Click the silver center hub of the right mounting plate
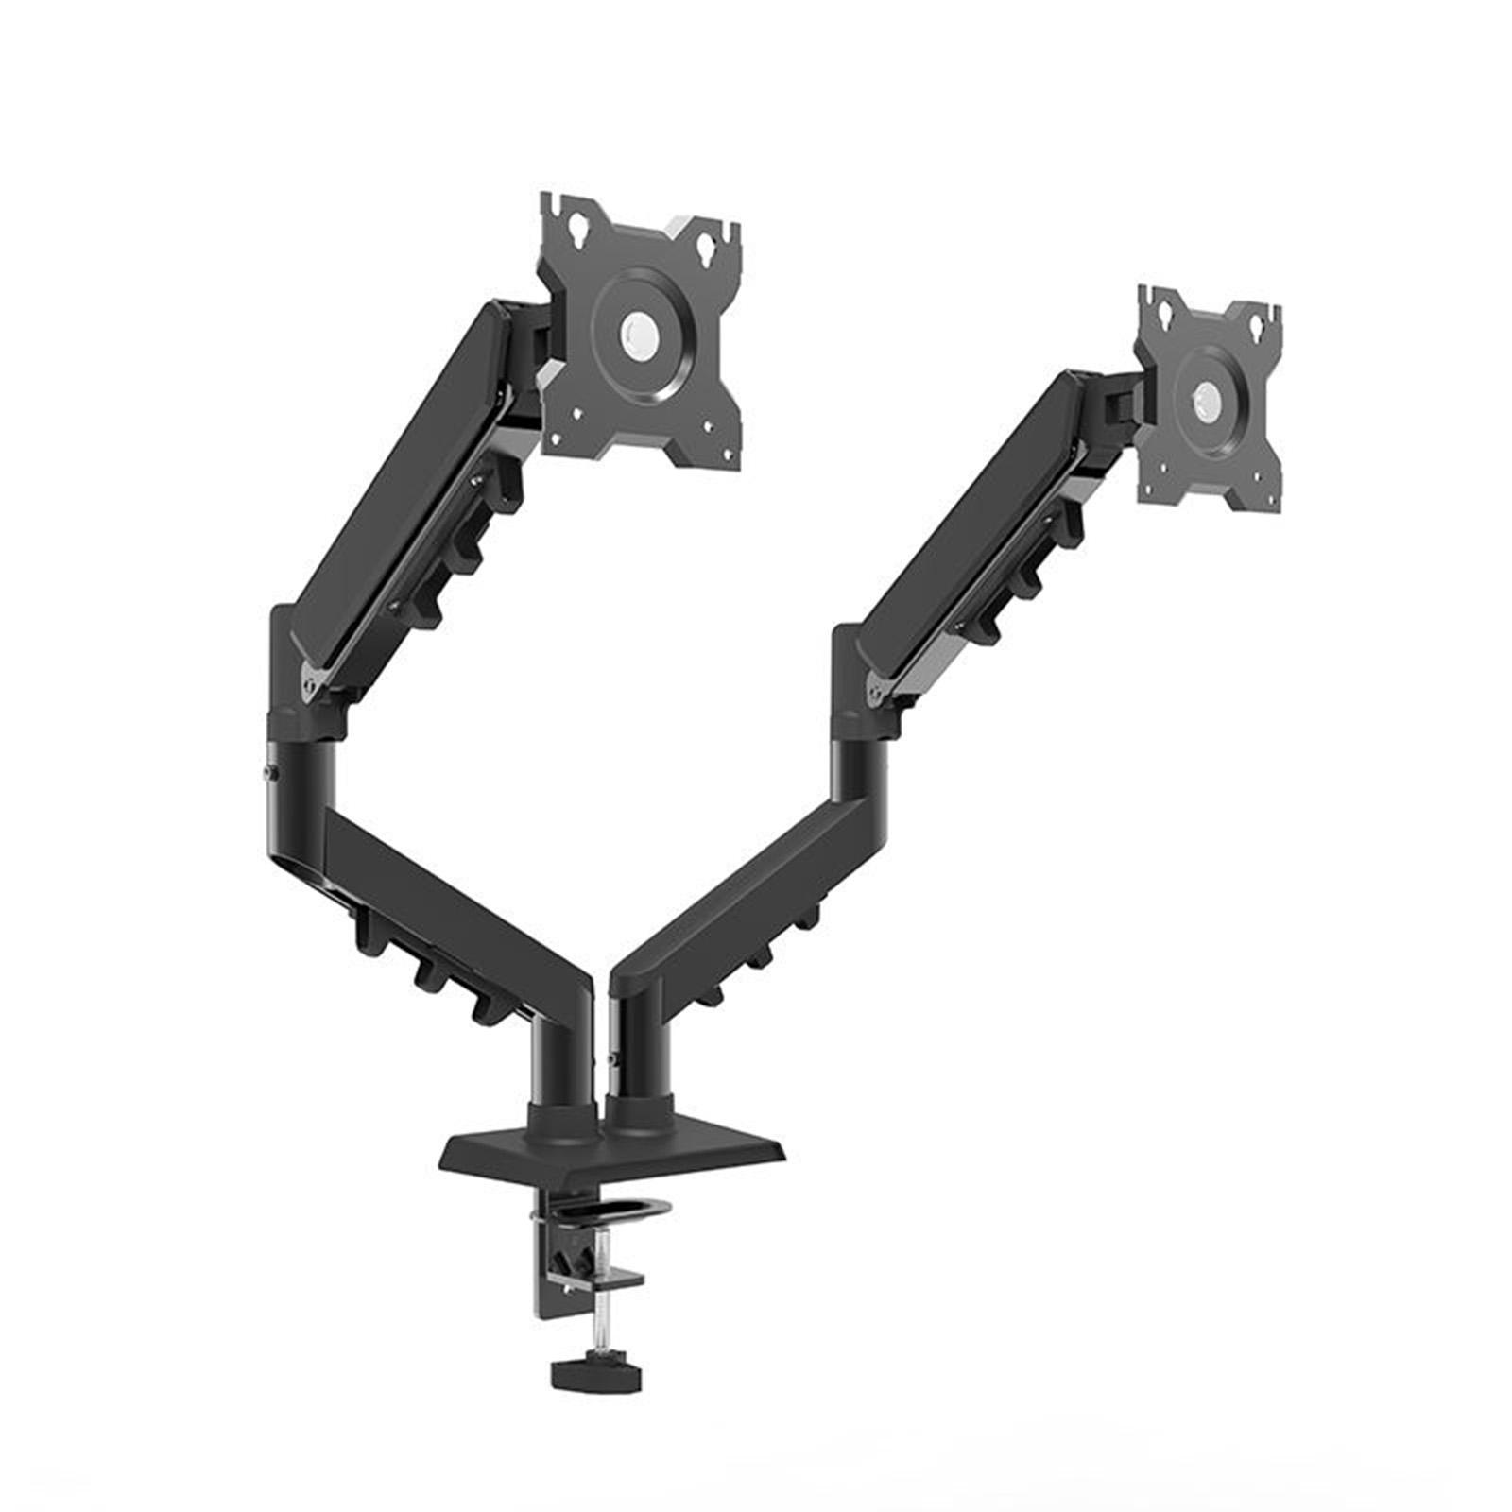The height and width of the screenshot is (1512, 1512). point(1207,396)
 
